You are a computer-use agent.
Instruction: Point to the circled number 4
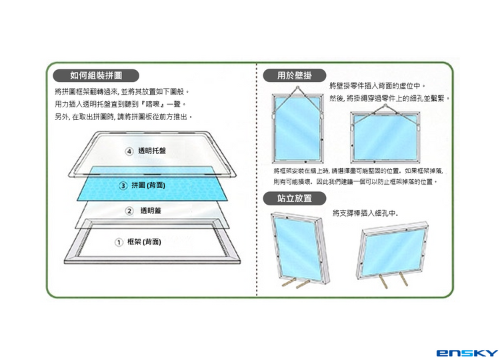tap(130, 151)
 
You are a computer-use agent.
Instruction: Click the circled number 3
tap(123, 185)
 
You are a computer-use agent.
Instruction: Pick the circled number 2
tap(130, 211)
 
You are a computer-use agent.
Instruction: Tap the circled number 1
tap(119, 241)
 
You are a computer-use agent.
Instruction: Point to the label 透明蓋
tap(150, 211)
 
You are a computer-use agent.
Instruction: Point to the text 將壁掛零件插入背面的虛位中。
tap(377, 87)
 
